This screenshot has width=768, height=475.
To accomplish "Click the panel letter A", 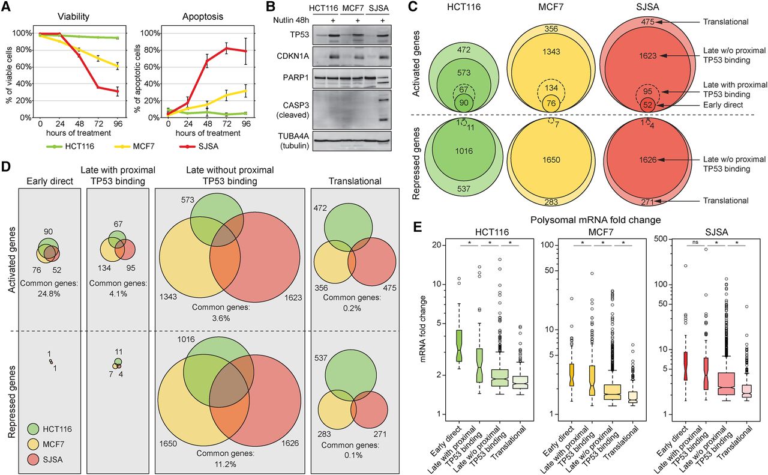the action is point(6,7).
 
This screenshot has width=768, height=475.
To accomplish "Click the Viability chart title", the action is point(73,16).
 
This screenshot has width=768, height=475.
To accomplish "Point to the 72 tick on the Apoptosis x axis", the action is point(226,124).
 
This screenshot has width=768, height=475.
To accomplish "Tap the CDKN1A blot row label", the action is point(292,56).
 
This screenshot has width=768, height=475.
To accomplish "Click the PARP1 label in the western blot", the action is point(296,77).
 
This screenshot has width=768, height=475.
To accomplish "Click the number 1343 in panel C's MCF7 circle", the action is point(551,52).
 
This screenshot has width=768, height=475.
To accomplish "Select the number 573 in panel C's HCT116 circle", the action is point(464,73).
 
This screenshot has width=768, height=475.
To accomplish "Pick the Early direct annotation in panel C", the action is point(723,104).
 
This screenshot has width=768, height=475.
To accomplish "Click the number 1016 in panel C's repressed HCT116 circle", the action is point(464,151).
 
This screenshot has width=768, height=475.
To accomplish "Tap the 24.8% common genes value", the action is point(49,294).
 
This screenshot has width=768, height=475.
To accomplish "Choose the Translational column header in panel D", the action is point(355,181).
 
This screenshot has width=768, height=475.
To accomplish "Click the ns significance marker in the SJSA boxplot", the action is point(695,242).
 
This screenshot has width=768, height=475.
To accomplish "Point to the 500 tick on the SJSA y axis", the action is point(661,238).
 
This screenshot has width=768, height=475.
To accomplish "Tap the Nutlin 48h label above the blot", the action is point(291,20).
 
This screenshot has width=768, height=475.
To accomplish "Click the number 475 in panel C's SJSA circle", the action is point(647,22).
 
